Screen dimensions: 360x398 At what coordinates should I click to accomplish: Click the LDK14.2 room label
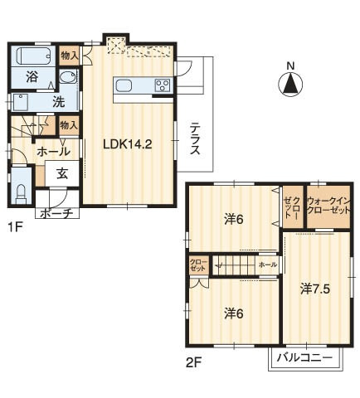(x=128, y=144)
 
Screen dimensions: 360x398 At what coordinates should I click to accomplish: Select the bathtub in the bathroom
(x=34, y=56)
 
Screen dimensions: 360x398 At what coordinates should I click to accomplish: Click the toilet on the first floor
(x=22, y=194)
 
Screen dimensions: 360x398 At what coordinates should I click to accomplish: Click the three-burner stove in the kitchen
(x=163, y=85)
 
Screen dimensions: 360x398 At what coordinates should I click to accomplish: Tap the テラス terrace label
(x=195, y=138)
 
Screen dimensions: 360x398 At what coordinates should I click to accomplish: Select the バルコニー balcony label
(x=305, y=358)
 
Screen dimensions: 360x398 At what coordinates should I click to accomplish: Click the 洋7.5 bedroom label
(x=315, y=289)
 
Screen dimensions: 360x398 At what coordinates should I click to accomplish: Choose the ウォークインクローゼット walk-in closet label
(x=328, y=205)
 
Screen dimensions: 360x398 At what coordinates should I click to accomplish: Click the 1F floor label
(x=15, y=228)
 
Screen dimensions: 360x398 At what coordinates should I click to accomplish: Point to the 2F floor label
(x=194, y=362)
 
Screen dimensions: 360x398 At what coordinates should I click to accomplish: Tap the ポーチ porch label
(x=56, y=214)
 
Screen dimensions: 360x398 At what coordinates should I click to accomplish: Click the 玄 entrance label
(x=62, y=174)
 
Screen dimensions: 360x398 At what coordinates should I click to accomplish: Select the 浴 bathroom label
(x=32, y=77)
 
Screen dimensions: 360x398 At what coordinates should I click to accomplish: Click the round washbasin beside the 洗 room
(x=68, y=76)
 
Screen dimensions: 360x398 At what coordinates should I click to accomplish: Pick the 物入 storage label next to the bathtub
(x=70, y=56)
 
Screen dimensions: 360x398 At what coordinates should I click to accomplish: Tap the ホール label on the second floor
(x=268, y=265)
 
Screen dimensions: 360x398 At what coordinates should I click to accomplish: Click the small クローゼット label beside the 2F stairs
(x=198, y=265)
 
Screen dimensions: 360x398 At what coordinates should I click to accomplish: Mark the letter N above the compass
(x=290, y=66)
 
